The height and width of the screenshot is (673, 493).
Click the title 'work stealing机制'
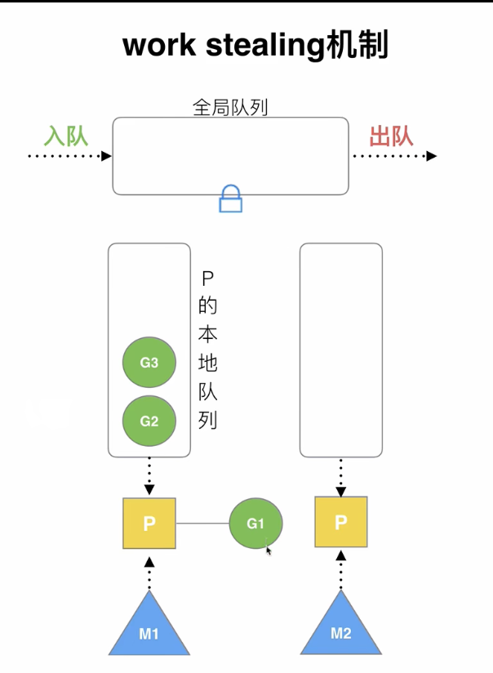tap(255, 47)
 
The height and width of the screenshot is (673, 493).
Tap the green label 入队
tap(65, 135)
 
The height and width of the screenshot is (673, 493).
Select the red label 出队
tap(391, 135)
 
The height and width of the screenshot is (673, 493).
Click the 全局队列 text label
tap(230, 107)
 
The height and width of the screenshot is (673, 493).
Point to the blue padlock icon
tap(231, 198)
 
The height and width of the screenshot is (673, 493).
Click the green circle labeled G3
tap(149, 363)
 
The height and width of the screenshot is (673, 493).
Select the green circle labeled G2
tap(149, 421)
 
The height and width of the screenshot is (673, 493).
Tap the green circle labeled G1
tap(255, 524)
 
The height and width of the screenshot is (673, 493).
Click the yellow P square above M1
tap(149, 524)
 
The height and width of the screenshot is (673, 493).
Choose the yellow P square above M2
tap(340, 522)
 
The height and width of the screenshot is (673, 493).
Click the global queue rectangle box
tap(230, 155)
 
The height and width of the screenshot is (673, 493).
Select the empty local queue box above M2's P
tap(340, 350)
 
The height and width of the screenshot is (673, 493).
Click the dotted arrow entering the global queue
tap(69, 156)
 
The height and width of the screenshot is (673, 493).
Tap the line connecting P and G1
tap(202, 524)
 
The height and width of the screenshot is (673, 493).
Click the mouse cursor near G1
tap(269, 550)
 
